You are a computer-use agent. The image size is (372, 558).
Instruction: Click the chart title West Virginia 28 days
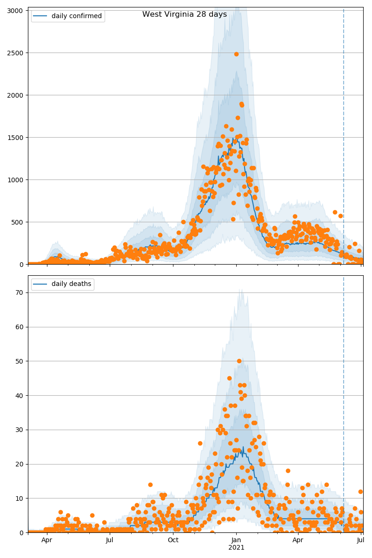[185, 14]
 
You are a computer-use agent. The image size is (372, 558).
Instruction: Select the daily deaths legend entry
[71, 284]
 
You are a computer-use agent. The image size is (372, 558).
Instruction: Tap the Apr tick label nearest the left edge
[46, 540]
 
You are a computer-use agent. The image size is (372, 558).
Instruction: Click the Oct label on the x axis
[173, 540]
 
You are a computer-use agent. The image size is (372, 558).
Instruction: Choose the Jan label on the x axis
[236, 540]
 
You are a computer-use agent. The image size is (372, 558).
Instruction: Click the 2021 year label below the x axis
[236, 548]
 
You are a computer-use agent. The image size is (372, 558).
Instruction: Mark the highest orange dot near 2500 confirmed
[236, 54]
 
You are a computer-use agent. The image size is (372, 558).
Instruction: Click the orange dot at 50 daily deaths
[239, 361]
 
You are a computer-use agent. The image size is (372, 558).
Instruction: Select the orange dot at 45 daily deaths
[229, 378]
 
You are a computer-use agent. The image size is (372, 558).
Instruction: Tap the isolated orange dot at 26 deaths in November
[200, 443]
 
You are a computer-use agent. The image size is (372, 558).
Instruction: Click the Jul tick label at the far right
[360, 540]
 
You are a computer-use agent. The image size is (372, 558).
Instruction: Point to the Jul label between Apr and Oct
[110, 540]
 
